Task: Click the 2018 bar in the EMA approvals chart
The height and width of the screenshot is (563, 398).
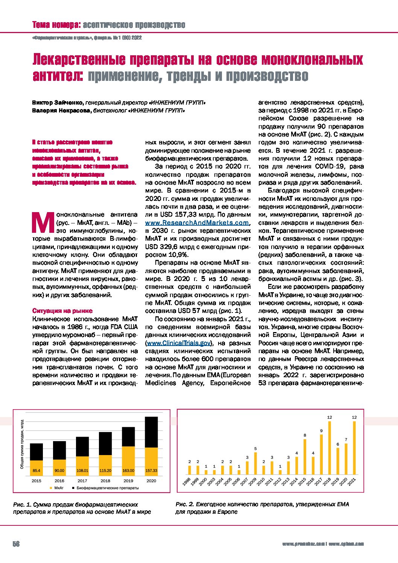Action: point(330,448)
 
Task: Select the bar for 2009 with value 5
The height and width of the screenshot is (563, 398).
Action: point(255,463)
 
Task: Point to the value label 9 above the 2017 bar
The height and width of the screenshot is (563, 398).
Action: point(321,431)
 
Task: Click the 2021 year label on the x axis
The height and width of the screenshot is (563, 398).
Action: point(354,482)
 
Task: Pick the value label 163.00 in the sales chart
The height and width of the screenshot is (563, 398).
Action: point(128,470)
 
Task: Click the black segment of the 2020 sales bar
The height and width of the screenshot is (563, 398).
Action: point(151,432)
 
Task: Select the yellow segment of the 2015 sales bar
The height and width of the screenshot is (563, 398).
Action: point(36,467)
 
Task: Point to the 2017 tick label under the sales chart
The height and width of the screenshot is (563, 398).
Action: point(82,481)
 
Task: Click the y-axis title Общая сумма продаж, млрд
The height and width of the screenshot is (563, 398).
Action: point(22,444)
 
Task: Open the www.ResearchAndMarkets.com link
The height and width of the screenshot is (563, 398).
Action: point(197,223)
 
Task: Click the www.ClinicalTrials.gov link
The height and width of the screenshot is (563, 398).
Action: point(179,343)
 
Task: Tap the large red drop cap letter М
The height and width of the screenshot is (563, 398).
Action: point(42,223)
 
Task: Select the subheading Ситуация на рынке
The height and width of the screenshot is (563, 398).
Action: point(62,311)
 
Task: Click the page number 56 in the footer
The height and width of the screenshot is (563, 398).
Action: point(16,544)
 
